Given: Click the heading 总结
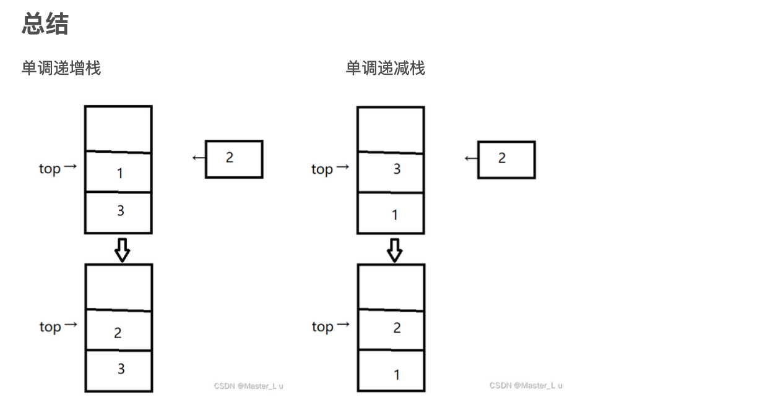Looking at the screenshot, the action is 45,24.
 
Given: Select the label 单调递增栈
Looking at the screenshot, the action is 61,68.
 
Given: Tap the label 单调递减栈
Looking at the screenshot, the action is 385,68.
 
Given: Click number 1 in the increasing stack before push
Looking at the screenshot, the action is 120,174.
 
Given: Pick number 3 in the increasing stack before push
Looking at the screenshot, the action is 121,211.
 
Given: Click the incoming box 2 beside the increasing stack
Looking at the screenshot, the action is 234,159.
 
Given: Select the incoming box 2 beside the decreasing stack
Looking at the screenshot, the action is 506,160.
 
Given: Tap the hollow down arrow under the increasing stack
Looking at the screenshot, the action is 123,249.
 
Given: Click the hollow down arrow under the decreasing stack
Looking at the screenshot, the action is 395,249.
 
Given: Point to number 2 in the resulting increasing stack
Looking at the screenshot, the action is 118,333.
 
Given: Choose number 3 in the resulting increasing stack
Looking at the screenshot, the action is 121,369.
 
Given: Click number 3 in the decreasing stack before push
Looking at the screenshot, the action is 397,169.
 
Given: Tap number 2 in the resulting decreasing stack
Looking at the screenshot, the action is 397,328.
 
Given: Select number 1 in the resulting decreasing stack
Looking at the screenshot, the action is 396,375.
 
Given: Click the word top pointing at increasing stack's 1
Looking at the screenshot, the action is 50,169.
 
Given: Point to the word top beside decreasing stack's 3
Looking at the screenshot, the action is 322,169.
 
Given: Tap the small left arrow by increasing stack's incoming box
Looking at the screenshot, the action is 199,158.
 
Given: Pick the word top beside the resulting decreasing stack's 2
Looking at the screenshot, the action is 322,327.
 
